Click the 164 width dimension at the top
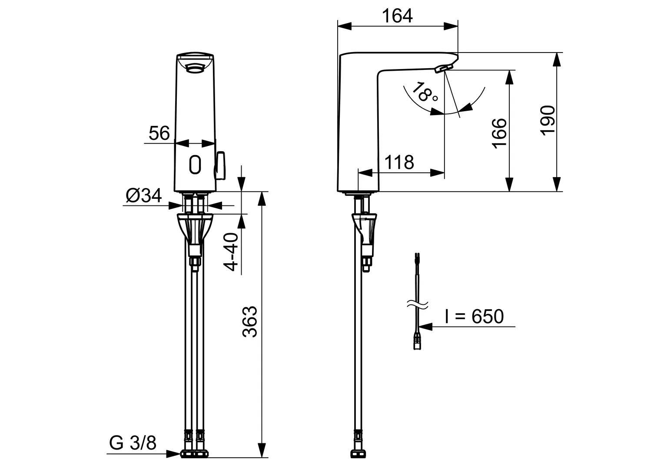(x=397, y=16)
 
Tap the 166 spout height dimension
(x=500, y=132)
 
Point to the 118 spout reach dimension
(x=399, y=162)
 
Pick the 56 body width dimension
(x=159, y=133)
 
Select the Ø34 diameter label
(x=144, y=196)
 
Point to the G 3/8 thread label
(x=133, y=443)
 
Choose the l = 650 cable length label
(x=474, y=317)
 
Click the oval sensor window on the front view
(x=195, y=165)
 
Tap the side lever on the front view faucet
(x=220, y=165)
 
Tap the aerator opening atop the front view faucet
(x=195, y=67)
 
